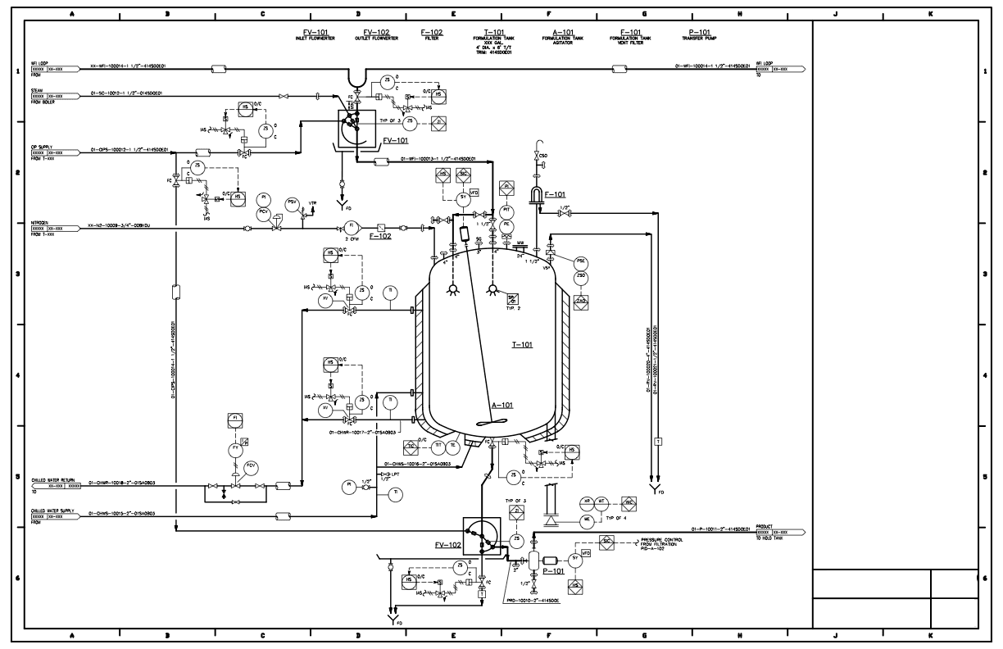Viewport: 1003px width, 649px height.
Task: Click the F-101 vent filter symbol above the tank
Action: coord(537,195)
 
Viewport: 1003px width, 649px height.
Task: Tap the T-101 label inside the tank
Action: coord(522,344)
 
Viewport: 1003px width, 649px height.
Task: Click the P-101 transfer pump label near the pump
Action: coord(554,570)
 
